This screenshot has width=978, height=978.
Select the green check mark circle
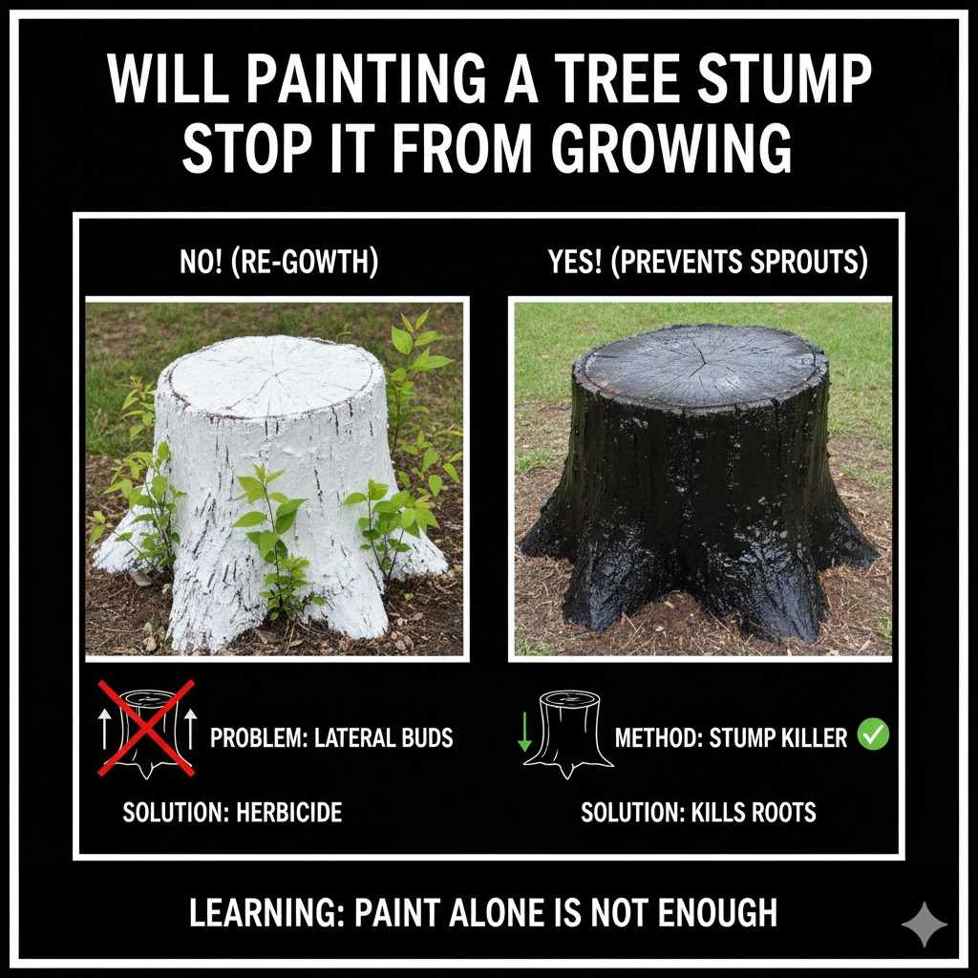pyautogui.click(x=873, y=735)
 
